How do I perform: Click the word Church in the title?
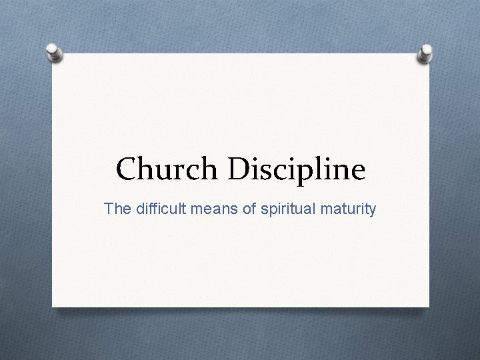pyautogui.click(x=168, y=169)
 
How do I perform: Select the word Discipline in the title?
pyautogui.click(x=297, y=169)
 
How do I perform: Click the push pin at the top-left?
pyautogui.click(x=55, y=52)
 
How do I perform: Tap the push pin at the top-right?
pyautogui.click(x=425, y=54)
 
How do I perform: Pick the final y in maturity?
pyautogui.click(x=372, y=211)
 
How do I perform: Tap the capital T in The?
pyautogui.click(x=108, y=209)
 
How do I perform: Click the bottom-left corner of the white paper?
pyautogui.click(x=53, y=307)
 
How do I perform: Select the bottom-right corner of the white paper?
pyautogui.click(x=429, y=307)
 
